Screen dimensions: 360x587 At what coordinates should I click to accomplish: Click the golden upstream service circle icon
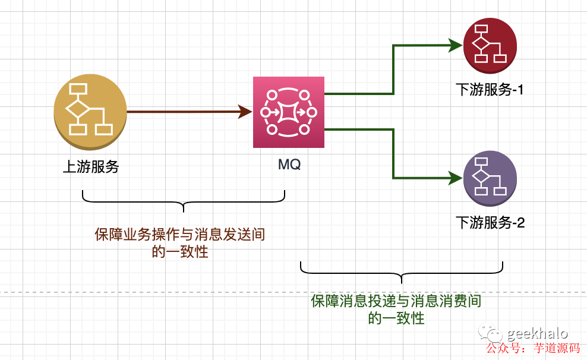[90, 110]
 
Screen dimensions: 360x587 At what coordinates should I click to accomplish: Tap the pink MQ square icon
[289, 112]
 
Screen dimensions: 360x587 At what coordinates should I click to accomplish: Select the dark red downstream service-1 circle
[490, 45]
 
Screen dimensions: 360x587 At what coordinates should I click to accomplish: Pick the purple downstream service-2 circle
[490, 178]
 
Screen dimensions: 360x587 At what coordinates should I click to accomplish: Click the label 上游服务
[91, 167]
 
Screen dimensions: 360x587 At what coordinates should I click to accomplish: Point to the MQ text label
[289, 164]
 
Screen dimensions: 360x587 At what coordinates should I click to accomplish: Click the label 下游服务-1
[490, 90]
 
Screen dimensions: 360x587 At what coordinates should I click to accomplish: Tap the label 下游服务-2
[490, 223]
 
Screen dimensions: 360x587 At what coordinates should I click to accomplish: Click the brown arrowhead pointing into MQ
[245, 111]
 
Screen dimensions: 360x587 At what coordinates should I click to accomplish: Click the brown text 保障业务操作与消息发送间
[179, 235]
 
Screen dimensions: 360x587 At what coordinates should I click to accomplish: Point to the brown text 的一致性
[179, 252]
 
